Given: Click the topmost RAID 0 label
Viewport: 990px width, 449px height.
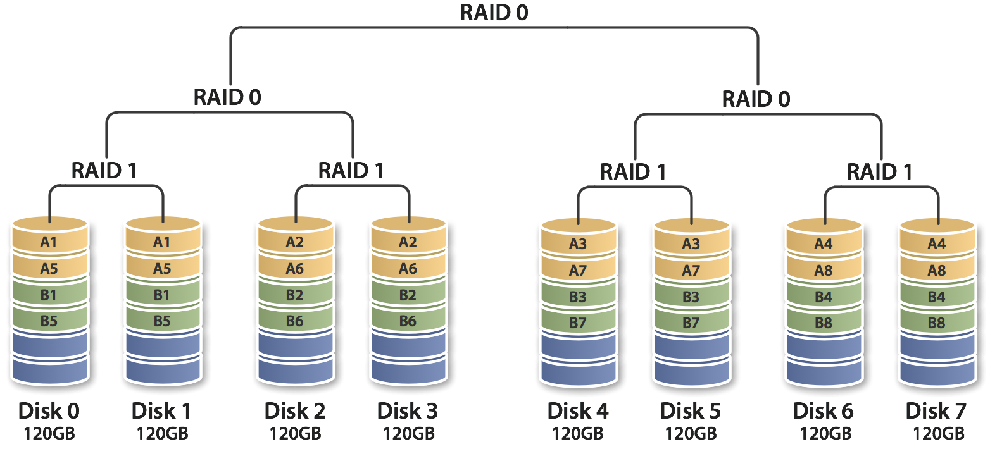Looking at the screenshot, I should [494, 13].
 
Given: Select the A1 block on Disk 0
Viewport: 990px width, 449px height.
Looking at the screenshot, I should [49, 242].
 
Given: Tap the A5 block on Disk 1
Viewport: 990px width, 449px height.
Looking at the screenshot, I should [162, 268].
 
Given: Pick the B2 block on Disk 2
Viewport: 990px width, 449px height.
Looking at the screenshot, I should [295, 295].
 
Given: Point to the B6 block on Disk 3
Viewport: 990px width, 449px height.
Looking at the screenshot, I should [408, 321].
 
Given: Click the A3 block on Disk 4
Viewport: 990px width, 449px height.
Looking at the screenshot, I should [578, 244].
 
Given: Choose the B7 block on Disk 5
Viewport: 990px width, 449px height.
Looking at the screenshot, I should [691, 323].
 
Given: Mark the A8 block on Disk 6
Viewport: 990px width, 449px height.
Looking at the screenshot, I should [824, 271].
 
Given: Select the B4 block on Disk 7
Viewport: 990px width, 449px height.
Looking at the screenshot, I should [937, 297].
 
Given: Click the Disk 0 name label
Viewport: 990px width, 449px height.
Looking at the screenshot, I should [49, 411].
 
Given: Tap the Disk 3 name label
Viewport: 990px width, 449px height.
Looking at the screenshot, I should [408, 411].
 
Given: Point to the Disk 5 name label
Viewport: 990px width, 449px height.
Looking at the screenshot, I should [691, 411].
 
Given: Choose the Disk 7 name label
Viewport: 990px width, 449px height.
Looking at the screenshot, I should [937, 411].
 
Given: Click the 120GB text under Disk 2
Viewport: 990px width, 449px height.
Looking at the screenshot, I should [295, 434].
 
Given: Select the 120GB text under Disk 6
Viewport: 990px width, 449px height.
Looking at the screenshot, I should [824, 434].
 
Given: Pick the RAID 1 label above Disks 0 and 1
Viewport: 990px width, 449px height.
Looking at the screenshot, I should [104, 171].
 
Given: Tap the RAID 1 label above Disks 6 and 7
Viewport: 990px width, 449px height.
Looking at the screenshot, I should [880, 172].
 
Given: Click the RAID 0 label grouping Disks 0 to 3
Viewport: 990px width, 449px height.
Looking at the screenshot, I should [228, 97].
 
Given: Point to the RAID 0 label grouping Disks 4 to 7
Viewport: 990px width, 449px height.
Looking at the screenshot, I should [756, 99].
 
